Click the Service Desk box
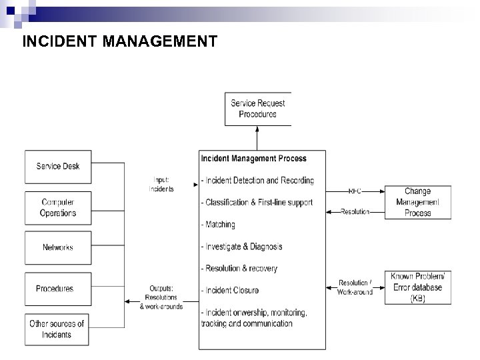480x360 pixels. coord(58,167)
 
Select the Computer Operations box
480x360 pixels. coord(58,207)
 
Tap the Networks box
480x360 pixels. coord(58,248)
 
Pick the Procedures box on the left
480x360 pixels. coord(55,289)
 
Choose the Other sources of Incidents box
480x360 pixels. coord(57,329)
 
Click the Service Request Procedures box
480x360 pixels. coord(257,109)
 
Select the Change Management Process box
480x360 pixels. coord(418,202)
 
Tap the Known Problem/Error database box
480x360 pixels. coord(418,288)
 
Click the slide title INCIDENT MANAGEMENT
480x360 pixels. coord(119,42)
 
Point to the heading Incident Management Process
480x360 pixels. coord(254,159)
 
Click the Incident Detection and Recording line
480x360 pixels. coord(257,181)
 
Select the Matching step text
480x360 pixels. coord(218,225)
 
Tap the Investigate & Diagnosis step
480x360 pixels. coord(241,247)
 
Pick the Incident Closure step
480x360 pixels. coord(230,291)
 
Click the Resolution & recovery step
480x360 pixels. coord(239,269)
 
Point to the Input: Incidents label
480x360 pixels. coord(161,185)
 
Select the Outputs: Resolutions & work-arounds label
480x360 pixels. coord(161,297)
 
